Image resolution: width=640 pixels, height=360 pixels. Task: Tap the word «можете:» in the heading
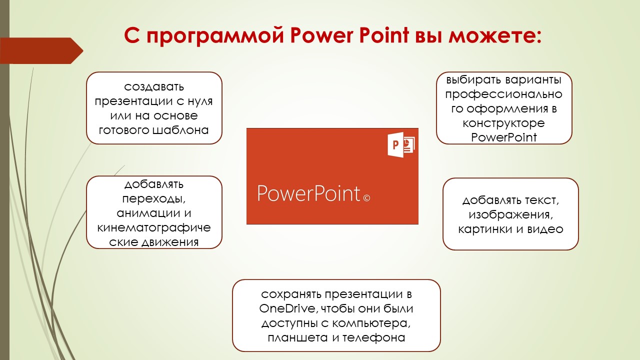click(494, 35)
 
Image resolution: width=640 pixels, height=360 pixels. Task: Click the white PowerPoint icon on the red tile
click(401, 144)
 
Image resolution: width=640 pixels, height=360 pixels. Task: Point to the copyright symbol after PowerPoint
click(366, 198)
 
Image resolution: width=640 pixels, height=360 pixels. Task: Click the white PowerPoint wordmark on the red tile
click(308, 193)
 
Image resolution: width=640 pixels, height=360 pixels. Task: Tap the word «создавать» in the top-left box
click(154, 86)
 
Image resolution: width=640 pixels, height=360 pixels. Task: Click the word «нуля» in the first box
click(200, 101)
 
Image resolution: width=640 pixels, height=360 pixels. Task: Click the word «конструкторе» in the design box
click(503, 123)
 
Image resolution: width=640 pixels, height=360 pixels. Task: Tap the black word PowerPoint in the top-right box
click(503, 137)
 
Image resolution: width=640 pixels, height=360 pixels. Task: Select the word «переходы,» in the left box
click(154, 199)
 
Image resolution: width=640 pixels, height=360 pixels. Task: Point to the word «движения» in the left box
click(170, 242)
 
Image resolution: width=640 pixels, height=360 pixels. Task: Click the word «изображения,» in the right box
click(511, 215)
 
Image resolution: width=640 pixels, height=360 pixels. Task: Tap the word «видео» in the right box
click(545, 229)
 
